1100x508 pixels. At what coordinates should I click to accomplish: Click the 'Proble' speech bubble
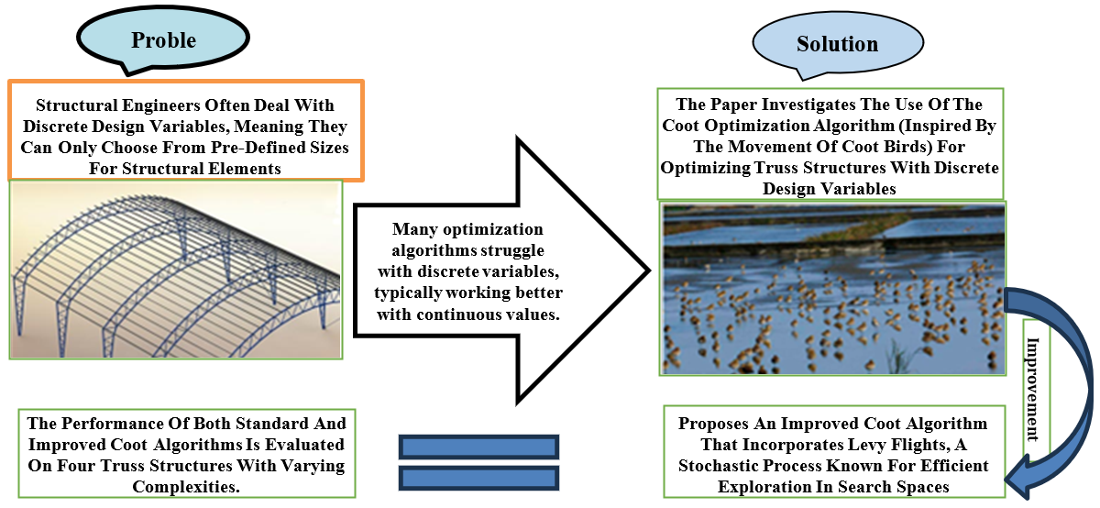tap(163, 39)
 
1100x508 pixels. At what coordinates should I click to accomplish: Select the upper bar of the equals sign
tap(478, 447)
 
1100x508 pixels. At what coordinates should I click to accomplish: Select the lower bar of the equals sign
tap(478, 478)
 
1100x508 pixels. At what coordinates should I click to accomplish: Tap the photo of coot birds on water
tap(832, 289)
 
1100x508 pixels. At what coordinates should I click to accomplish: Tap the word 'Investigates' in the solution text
tap(797, 105)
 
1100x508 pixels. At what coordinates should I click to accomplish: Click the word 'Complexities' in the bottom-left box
tap(187, 488)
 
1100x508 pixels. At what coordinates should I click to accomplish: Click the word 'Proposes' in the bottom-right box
tap(715, 424)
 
